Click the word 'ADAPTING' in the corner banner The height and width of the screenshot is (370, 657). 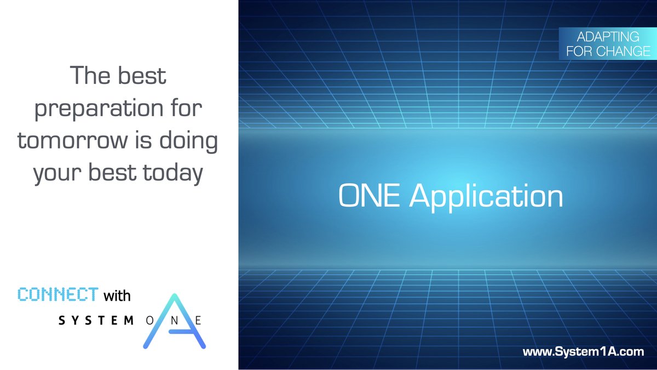pos(608,37)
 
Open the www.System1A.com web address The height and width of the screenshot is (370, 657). pos(583,352)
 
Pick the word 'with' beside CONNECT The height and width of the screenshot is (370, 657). pos(117,295)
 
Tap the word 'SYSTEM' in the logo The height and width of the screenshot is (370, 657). pos(96,321)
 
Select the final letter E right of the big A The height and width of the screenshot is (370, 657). pos(198,321)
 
